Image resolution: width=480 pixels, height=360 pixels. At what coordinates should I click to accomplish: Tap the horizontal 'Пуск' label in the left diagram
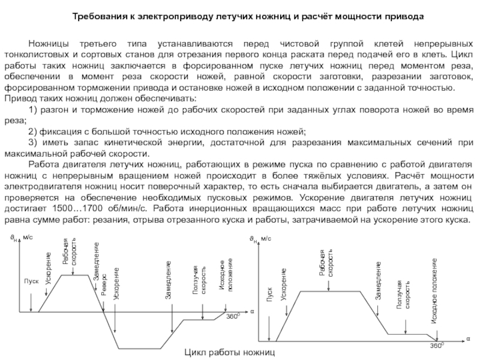(x=31, y=280)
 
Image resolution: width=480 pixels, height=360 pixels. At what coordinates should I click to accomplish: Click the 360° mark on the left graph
(x=232, y=316)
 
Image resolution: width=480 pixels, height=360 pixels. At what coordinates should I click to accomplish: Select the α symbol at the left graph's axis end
(x=252, y=311)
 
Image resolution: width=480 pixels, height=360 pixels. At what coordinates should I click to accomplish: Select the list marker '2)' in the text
(x=33, y=131)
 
